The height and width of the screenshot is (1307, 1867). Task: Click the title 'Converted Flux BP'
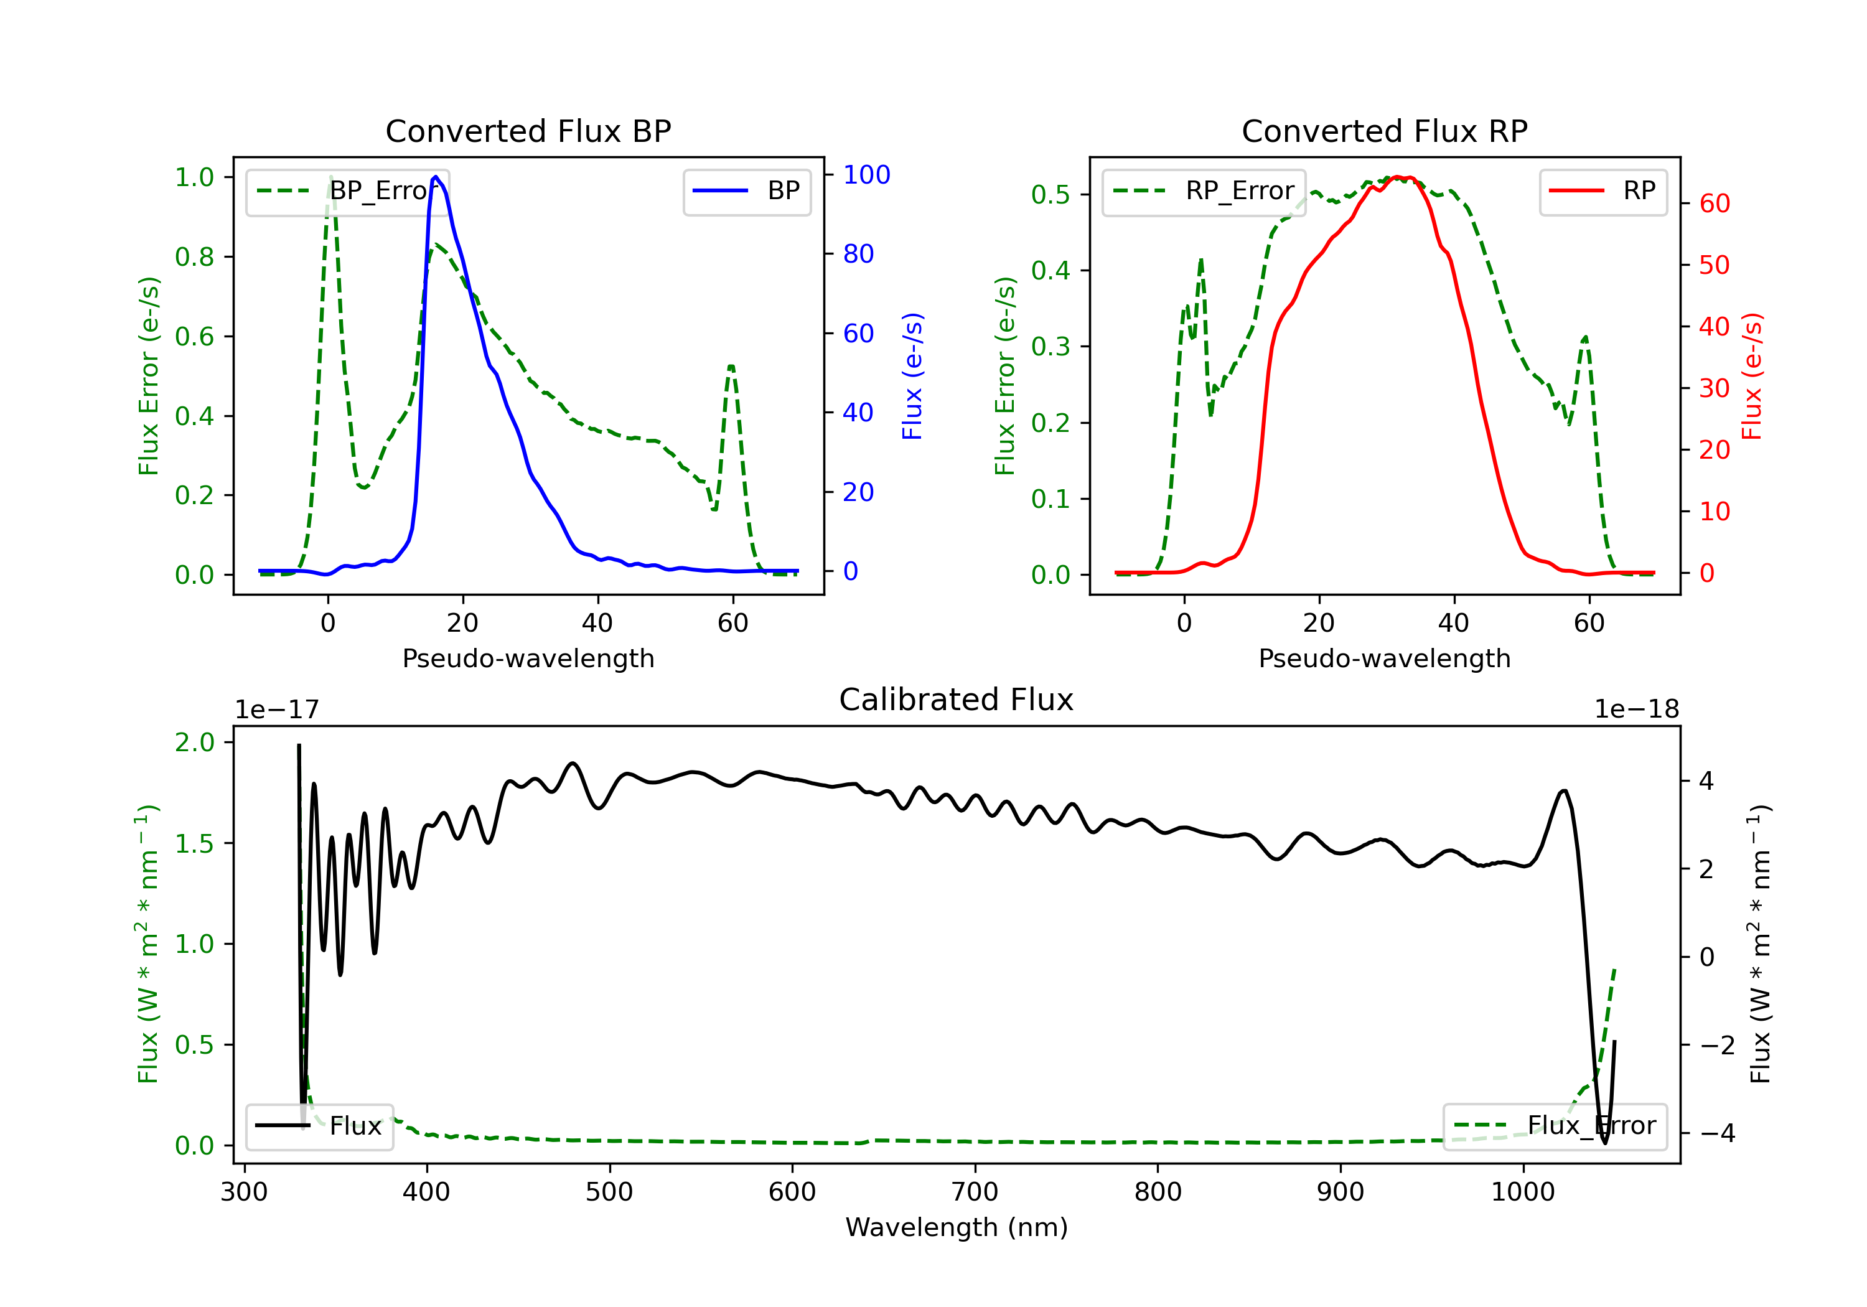pyautogui.click(x=528, y=131)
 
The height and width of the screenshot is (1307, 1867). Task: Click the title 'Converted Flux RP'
pyautogui.click(x=1384, y=131)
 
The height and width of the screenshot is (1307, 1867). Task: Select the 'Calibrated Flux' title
pyautogui.click(x=957, y=700)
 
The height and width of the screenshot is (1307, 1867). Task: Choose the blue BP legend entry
pyautogui.click(x=746, y=191)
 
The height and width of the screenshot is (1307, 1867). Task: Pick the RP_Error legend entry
pyautogui.click(x=1204, y=191)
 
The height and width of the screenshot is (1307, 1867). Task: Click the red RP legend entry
pyautogui.click(x=1603, y=191)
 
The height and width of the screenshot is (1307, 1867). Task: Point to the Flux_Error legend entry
pyautogui.click(x=1555, y=1126)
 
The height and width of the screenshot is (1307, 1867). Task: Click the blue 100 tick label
pyautogui.click(x=866, y=174)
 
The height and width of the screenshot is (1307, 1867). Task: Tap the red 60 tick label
pyautogui.click(x=1715, y=204)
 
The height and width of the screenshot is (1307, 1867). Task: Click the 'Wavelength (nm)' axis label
pyautogui.click(x=957, y=1227)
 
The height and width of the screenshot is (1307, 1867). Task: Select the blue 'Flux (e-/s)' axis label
pyautogui.click(x=912, y=376)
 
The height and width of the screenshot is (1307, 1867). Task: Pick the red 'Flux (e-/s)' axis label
pyautogui.click(x=1751, y=376)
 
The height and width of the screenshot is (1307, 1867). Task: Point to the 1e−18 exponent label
pyautogui.click(x=1636, y=710)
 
